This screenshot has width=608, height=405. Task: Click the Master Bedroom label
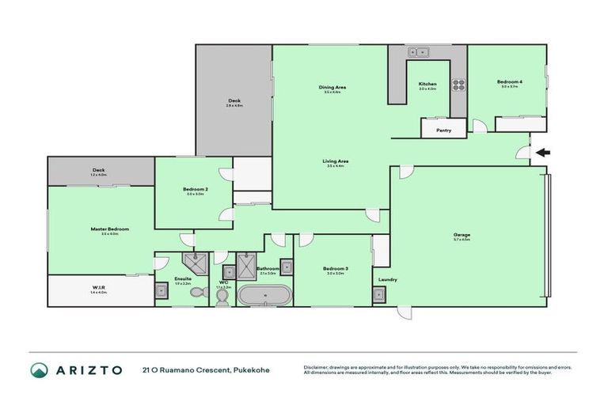109,229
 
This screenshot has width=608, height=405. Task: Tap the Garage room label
462,235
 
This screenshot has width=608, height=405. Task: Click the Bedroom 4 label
509,81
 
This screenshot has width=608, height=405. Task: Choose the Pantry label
444,131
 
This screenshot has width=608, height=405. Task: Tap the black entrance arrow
542,153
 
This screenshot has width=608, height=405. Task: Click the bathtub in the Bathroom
266,296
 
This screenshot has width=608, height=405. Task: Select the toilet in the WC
222,295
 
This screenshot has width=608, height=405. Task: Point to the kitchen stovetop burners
458,85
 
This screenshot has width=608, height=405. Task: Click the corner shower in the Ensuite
192,263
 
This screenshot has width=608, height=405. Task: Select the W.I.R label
101,289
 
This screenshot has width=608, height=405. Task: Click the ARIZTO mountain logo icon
39,369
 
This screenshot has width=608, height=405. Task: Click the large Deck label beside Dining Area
234,100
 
